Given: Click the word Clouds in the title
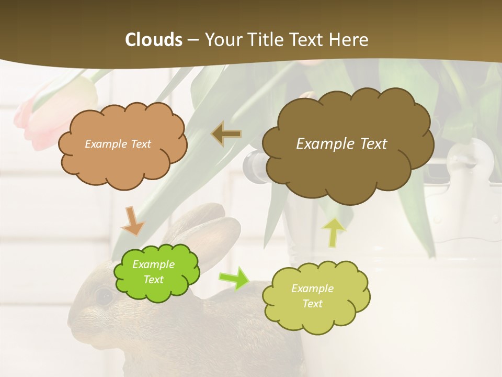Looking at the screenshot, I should click(x=154, y=40).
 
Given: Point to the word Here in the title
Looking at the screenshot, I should click(x=347, y=40).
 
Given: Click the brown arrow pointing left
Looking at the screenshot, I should click(x=226, y=135).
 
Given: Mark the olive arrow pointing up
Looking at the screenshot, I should click(x=334, y=231).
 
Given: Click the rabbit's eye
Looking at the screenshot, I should click(x=104, y=296).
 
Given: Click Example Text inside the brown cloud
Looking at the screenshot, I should click(x=341, y=144).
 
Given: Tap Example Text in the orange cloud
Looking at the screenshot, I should click(x=118, y=144).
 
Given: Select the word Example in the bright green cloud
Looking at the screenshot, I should click(x=153, y=264).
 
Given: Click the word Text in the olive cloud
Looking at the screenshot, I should click(x=312, y=304).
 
